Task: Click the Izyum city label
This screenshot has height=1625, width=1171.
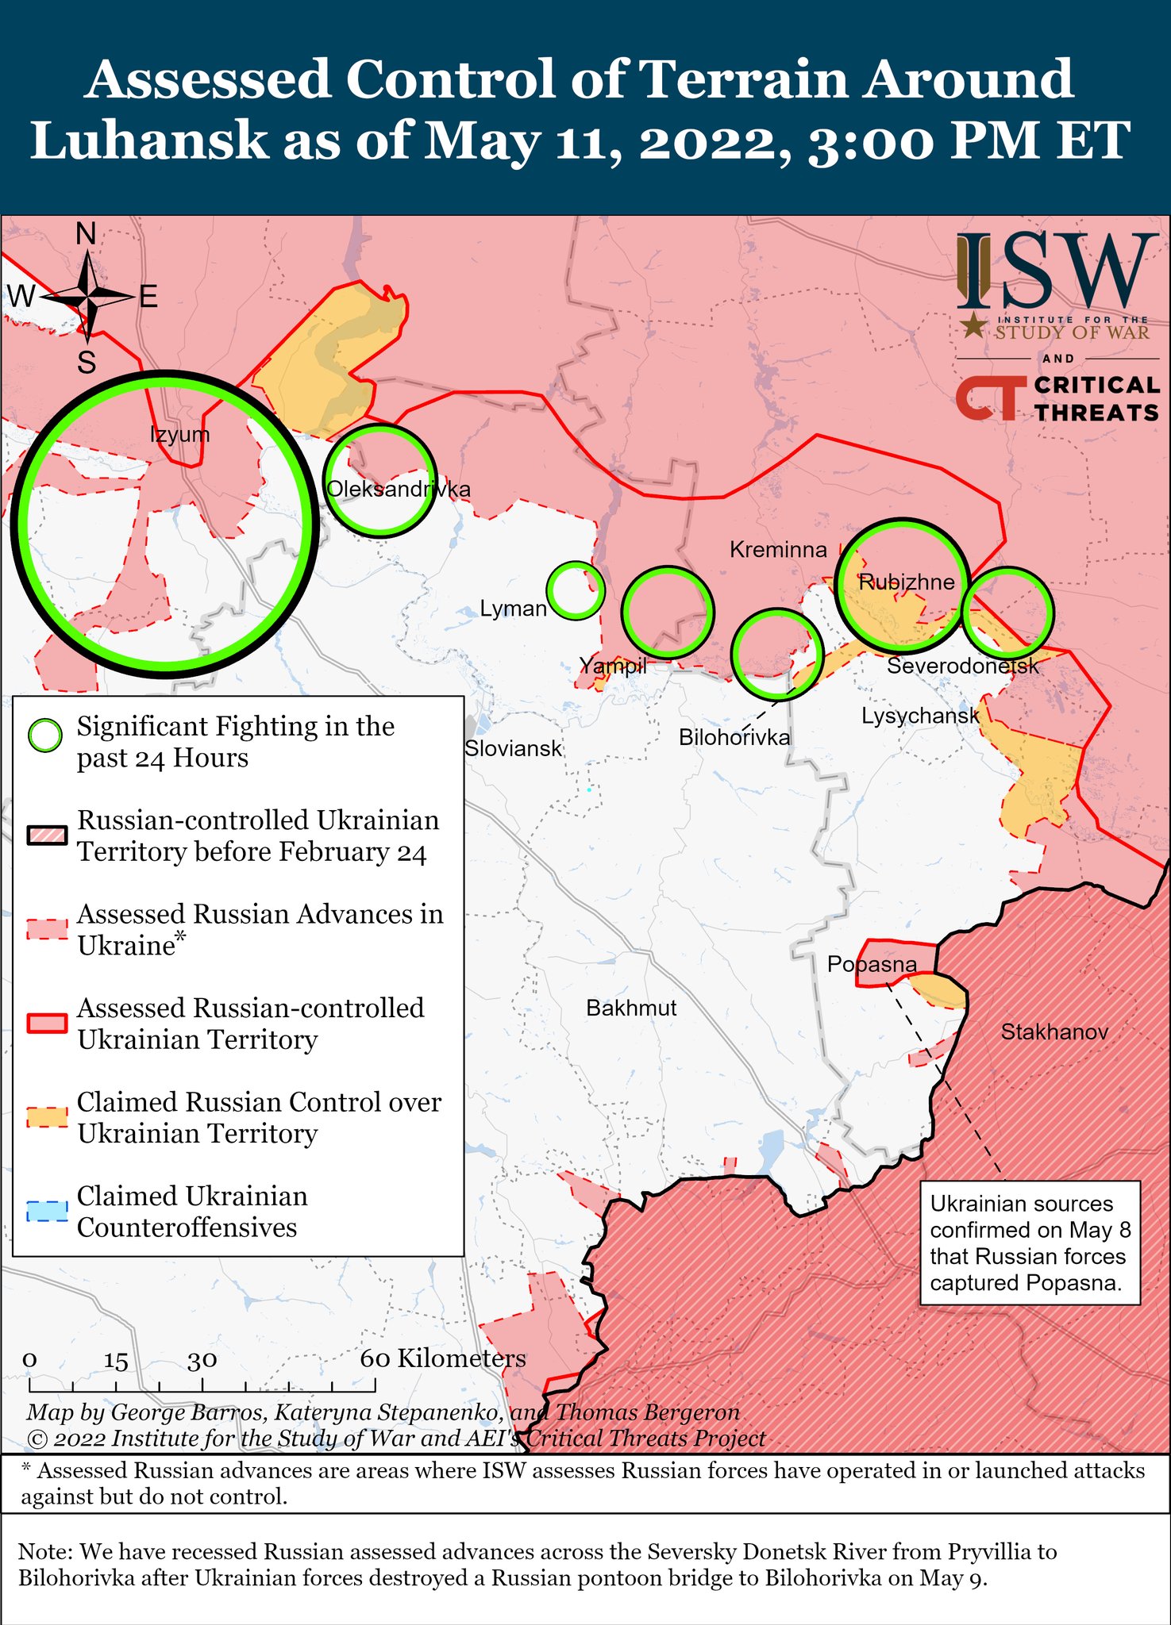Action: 180,434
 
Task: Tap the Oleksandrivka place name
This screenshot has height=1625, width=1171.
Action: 399,489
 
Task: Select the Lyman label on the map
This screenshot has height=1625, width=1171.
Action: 514,609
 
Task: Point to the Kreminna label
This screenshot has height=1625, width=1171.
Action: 778,549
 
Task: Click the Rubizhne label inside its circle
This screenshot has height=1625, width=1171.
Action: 907,582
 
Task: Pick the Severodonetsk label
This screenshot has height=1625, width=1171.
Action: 962,666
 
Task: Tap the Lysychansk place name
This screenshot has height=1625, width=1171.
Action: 921,716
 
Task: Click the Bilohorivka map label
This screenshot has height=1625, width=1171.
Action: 734,738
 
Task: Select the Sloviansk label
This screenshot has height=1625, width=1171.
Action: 513,748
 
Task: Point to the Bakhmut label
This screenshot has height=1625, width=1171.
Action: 631,1008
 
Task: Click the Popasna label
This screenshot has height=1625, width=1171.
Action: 872,964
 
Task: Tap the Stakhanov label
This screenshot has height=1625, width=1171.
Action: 1054,1031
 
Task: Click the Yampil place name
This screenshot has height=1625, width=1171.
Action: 612,666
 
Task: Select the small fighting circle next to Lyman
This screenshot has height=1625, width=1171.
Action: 576,590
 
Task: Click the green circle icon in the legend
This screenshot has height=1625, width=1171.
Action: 45,736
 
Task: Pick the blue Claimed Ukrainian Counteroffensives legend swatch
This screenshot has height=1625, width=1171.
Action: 47,1212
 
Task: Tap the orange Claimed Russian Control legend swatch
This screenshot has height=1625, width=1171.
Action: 47,1117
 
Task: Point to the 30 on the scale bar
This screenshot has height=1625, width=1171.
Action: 202,1360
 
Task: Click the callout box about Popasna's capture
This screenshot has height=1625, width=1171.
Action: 1030,1243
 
